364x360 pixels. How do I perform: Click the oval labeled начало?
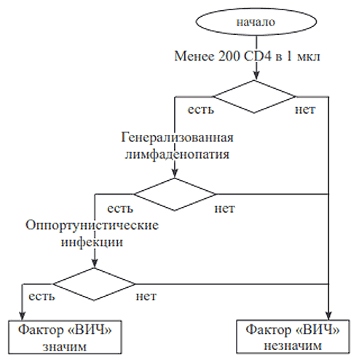[256, 21]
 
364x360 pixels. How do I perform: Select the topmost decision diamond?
[254, 97]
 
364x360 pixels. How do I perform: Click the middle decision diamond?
[175, 194]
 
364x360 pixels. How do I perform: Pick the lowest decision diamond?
[94, 284]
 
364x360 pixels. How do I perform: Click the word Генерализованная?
[177, 138]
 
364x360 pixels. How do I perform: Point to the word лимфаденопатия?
[177, 154]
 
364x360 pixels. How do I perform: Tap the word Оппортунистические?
[92, 225]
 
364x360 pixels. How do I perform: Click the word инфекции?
[92, 243]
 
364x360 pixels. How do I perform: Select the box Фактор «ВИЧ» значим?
[65, 337]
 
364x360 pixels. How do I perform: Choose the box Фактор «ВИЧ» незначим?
[293, 337]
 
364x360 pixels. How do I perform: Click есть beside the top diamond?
[201, 109]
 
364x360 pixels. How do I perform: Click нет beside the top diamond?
[305, 109]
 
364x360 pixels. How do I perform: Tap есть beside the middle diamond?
[120, 208]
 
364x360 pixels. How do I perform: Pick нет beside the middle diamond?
[224, 208]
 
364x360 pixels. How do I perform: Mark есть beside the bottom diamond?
[41, 297]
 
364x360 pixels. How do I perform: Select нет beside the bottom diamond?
[146, 297]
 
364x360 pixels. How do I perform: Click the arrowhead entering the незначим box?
[328, 316]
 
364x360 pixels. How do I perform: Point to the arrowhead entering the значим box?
[22, 316]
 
